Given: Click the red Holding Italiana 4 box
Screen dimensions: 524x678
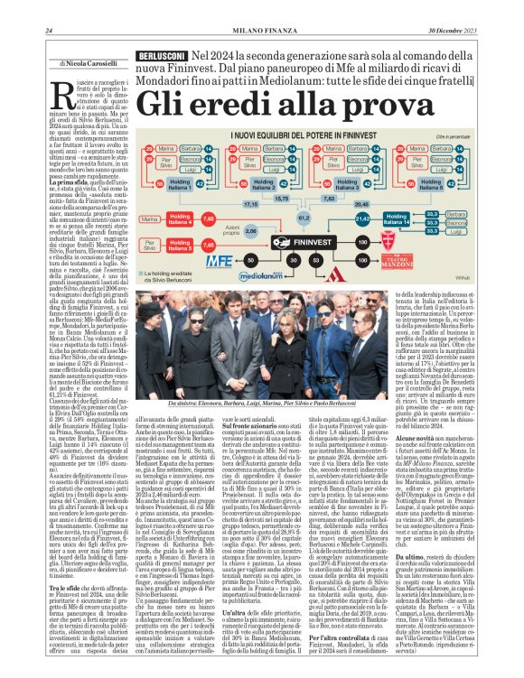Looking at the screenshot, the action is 180,218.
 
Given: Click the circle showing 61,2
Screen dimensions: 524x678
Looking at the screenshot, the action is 304,217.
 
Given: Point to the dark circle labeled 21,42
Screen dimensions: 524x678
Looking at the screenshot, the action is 364,218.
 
